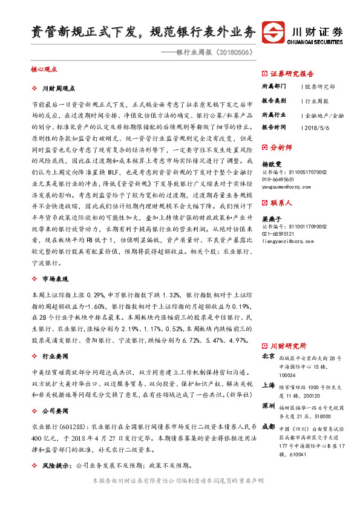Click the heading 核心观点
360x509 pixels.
(x=43, y=70)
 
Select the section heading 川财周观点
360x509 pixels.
(x=61, y=88)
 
